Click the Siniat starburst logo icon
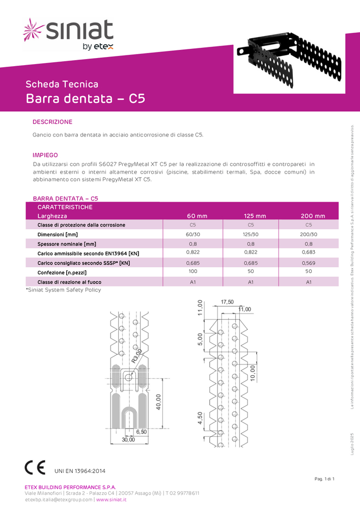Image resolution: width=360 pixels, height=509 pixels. pyautogui.click(x=34, y=29)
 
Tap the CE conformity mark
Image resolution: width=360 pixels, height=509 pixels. pyautogui.click(x=35, y=467)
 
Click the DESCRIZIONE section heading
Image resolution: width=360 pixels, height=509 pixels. pyautogui.click(x=52, y=122)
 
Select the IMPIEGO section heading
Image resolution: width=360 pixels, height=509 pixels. pyautogui.click(x=45, y=155)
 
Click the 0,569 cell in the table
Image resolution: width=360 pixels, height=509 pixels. pyautogui.click(x=309, y=263)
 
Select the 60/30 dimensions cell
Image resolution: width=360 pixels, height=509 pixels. pyautogui.click(x=193, y=234)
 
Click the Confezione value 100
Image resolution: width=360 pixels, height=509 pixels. pyautogui.click(x=193, y=272)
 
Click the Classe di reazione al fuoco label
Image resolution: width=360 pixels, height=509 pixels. pyautogui.click(x=69, y=282)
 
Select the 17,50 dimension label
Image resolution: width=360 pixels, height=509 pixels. pyautogui.click(x=227, y=302)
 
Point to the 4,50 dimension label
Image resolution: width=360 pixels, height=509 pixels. pyautogui.click(x=200, y=418)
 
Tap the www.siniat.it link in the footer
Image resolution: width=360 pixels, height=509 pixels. pyautogui.click(x=112, y=500)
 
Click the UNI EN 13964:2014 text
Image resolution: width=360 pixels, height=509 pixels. pyautogui.click(x=80, y=471)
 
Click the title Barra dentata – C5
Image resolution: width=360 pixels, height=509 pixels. pyautogui.click(x=86, y=98)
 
